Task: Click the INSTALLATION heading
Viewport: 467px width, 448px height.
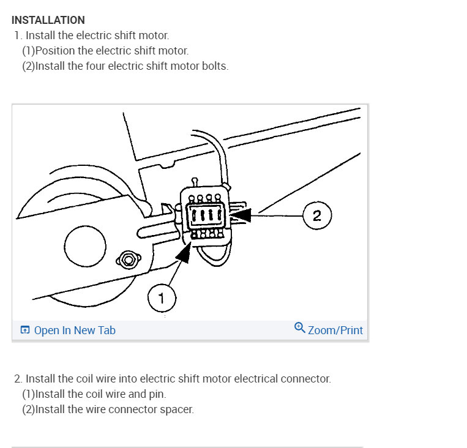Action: (48, 21)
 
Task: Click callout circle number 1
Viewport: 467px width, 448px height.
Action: (162, 299)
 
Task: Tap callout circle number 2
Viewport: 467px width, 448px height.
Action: (317, 215)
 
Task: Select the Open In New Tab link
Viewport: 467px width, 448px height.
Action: (75, 330)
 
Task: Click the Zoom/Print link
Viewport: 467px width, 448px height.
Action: (335, 330)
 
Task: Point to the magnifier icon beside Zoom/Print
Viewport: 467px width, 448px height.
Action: (300, 328)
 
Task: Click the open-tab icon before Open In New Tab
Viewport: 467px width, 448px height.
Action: (25, 330)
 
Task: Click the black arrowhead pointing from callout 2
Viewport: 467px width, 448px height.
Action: (241, 215)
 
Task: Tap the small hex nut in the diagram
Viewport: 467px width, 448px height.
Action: (127, 259)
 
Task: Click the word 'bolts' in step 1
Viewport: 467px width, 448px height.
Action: (215, 66)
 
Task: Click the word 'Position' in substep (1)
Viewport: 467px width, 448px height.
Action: (54, 51)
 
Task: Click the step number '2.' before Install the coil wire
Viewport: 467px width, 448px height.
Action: (18, 379)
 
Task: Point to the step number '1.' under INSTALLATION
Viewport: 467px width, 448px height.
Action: (18, 35)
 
